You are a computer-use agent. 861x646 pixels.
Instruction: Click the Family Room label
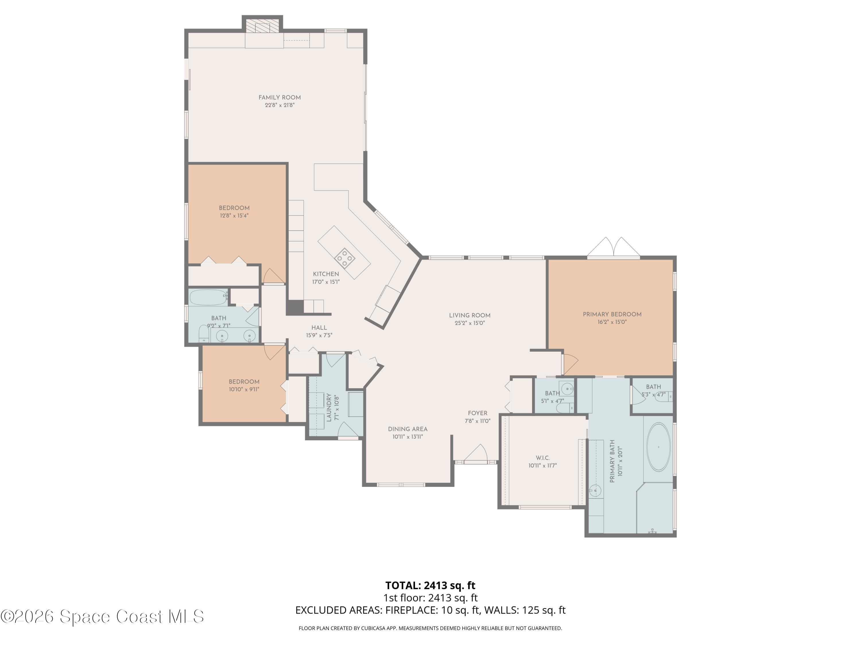tap(280, 98)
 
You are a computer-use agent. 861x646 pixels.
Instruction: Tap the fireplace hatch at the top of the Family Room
tap(262, 26)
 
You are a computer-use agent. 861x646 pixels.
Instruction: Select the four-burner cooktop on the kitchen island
tap(344, 257)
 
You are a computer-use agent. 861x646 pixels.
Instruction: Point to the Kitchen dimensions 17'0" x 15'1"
tap(326, 282)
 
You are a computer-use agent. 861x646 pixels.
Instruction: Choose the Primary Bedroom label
tap(612, 314)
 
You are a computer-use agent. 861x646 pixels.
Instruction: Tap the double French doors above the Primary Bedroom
tap(613, 247)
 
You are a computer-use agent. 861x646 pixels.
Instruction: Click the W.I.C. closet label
tap(543, 458)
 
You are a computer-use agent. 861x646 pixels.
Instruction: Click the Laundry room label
tap(329, 407)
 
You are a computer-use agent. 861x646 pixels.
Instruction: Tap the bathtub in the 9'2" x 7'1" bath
tap(209, 297)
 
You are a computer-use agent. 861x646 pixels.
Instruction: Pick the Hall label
tap(319, 328)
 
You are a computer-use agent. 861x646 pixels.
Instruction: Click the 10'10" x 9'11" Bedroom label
tap(244, 382)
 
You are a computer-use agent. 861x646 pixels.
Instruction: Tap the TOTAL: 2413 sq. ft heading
tap(430, 585)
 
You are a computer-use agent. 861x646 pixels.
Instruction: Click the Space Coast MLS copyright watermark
tap(102, 616)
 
